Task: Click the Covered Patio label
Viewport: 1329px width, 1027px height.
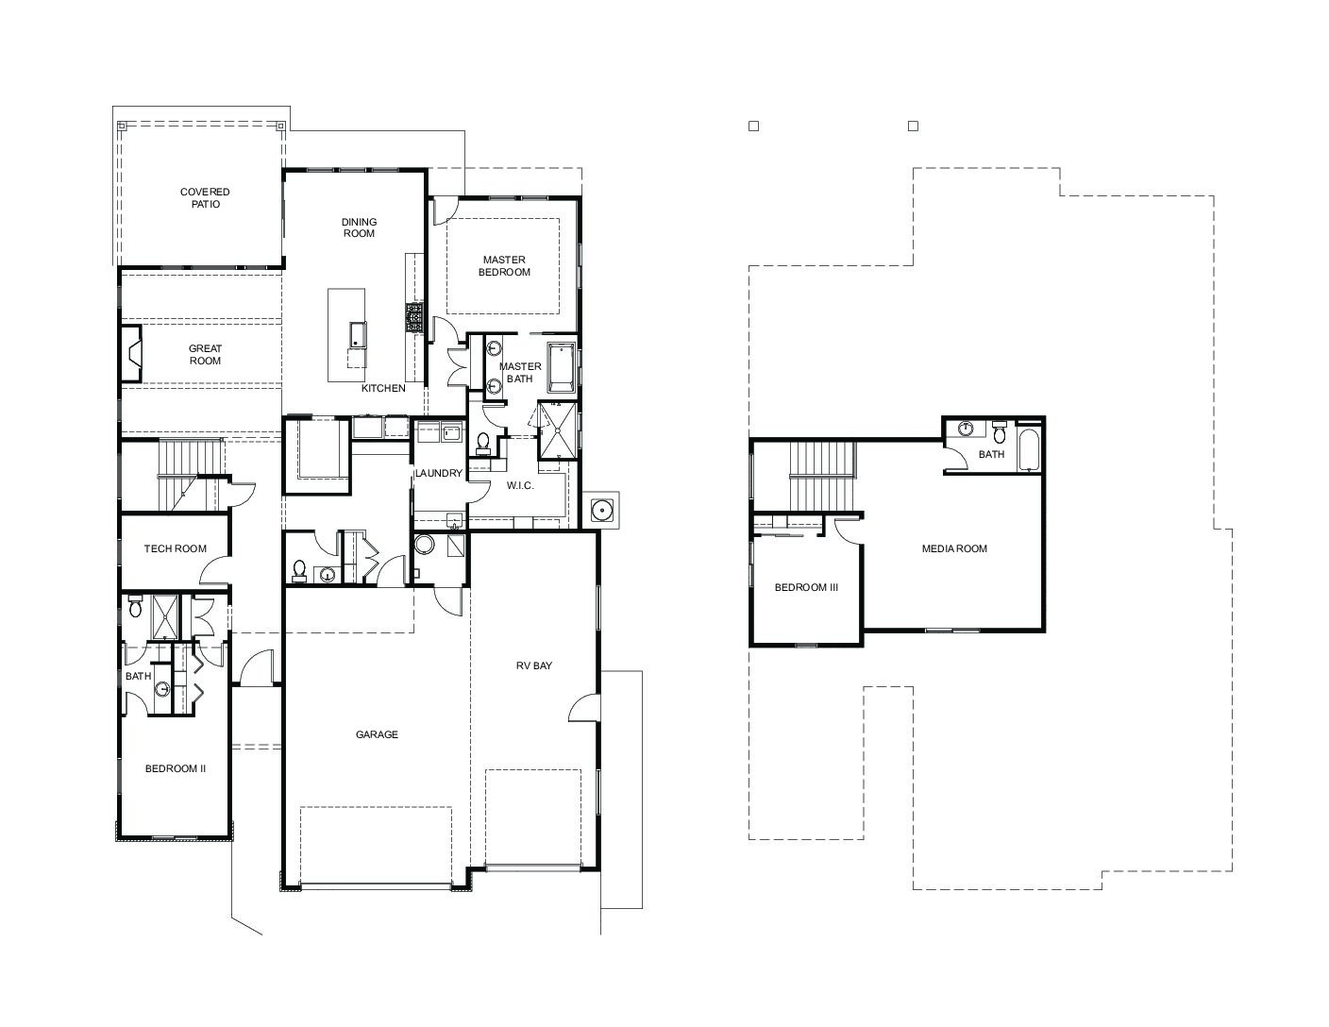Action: [205, 197]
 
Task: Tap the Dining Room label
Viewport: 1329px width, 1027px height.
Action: [359, 227]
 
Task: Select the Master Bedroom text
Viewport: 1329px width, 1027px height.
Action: [504, 266]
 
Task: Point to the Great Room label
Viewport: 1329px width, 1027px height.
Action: [205, 354]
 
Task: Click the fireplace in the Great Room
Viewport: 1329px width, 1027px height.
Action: [131, 354]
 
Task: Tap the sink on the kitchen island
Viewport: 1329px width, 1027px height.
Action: [357, 334]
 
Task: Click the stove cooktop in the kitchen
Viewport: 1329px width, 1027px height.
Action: [414, 317]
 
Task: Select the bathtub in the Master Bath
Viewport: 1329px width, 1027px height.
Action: [561, 367]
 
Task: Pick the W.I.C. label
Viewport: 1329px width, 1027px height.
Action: [520, 486]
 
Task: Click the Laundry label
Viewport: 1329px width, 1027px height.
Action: [439, 473]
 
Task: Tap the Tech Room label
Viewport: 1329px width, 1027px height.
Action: [175, 548]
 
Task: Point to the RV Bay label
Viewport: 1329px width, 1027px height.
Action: [534, 665]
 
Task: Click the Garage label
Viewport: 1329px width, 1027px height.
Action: [377, 734]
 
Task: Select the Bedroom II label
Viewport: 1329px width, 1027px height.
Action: [175, 768]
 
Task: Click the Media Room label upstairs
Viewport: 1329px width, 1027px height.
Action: [954, 548]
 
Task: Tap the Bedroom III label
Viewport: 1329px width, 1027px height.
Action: [806, 587]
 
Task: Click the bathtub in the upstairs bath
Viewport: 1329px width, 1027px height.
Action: [1029, 449]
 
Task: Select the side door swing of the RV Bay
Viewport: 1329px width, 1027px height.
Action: [584, 708]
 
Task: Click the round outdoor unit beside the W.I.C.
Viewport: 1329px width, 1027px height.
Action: [601, 510]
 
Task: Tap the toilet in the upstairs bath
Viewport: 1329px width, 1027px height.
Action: [1000, 431]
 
